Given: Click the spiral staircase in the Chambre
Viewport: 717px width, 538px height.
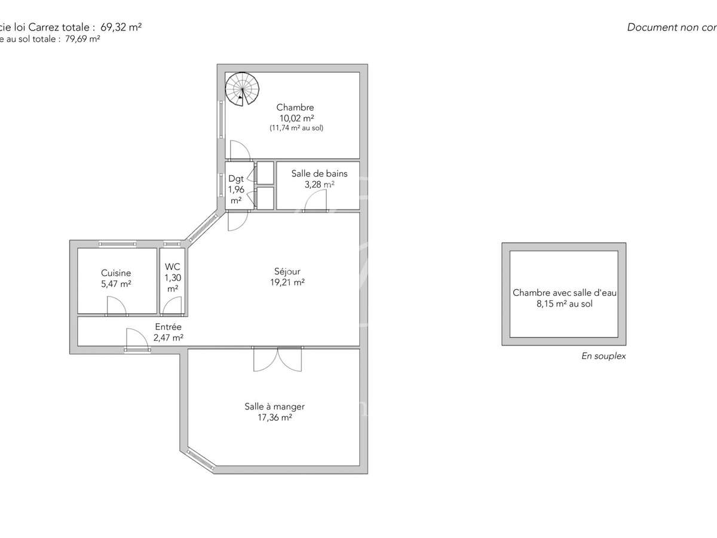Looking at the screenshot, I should coord(243,89).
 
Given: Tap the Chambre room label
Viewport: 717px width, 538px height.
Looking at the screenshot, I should coord(295,108).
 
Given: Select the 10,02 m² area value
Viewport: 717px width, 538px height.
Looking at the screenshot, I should coord(295,118).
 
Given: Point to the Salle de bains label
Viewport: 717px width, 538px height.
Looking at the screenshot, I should coord(319,174).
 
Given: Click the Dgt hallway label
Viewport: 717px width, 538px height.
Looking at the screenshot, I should coord(235,178).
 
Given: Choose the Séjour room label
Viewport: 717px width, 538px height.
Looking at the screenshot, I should coord(287,271).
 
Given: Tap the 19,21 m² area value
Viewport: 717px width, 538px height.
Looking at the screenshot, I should coord(287,282).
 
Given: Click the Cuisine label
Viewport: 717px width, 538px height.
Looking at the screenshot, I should coord(116,273).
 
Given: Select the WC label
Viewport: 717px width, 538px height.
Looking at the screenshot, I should coord(173,267).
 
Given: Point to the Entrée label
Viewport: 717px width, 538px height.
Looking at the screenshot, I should coord(168,327).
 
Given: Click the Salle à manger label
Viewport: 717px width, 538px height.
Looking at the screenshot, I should coord(274,406).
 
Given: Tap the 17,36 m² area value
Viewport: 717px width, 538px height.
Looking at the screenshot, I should coord(274,417).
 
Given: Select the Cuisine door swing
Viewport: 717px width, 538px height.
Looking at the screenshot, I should coord(117,307).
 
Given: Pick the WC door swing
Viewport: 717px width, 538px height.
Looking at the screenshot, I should coord(173,307).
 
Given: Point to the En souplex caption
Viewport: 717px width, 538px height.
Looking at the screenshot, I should coord(603,356).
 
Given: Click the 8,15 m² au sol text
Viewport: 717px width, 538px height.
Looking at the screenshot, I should coord(564,304).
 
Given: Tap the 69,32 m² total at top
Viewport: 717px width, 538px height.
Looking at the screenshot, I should coord(121,27).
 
